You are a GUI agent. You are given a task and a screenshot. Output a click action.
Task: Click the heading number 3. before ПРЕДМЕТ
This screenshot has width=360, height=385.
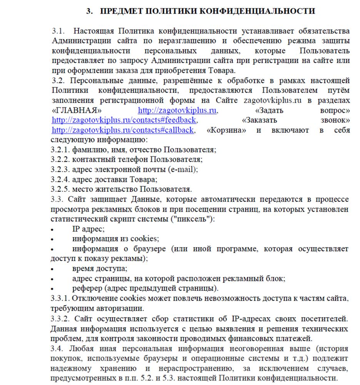(x=89, y=11)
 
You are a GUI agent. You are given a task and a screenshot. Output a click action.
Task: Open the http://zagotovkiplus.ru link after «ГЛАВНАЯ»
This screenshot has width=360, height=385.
(x=177, y=110)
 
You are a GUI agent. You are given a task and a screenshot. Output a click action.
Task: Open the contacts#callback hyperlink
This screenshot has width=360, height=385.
(x=122, y=130)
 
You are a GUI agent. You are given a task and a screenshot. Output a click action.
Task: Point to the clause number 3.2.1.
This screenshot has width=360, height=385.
(x=60, y=149)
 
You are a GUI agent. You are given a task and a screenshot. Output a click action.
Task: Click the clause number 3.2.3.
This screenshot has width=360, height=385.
(x=60, y=169)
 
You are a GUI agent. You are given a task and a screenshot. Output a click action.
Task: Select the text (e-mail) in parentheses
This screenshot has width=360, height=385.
(x=183, y=169)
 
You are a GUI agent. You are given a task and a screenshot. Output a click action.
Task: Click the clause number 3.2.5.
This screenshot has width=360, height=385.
(x=60, y=189)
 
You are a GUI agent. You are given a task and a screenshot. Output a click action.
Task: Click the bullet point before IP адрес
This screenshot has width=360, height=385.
(x=53, y=229)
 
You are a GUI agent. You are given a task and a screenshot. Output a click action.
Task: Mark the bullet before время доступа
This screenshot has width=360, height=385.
(x=53, y=269)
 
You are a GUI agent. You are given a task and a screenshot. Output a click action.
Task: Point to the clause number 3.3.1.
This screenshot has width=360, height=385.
(x=60, y=299)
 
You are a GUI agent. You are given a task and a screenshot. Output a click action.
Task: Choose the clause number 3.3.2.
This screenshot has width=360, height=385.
(x=60, y=319)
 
